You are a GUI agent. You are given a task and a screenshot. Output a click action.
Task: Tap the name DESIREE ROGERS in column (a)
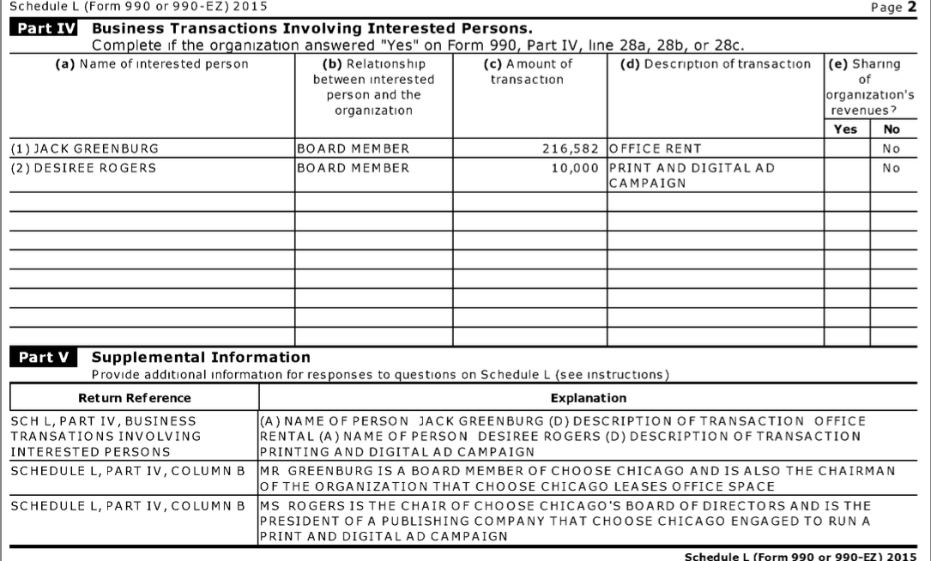[x=82, y=168]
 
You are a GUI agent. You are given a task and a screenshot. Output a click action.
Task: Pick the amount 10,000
[x=574, y=168]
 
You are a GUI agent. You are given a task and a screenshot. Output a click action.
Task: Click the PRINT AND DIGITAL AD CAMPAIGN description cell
[x=692, y=175]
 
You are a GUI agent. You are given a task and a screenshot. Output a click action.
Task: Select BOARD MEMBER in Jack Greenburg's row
[x=353, y=148]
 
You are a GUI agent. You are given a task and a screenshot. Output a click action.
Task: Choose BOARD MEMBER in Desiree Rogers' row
[x=353, y=168]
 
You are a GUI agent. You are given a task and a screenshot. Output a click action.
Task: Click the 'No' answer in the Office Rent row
[x=892, y=148]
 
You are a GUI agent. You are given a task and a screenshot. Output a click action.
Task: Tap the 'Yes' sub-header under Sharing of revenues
[x=845, y=130]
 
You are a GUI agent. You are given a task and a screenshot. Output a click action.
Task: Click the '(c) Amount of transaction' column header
[x=527, y=72]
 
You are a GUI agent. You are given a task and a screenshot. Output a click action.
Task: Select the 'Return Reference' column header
[x=135, y=398]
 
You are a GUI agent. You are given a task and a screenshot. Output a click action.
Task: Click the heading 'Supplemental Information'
[x=201, y=357]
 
